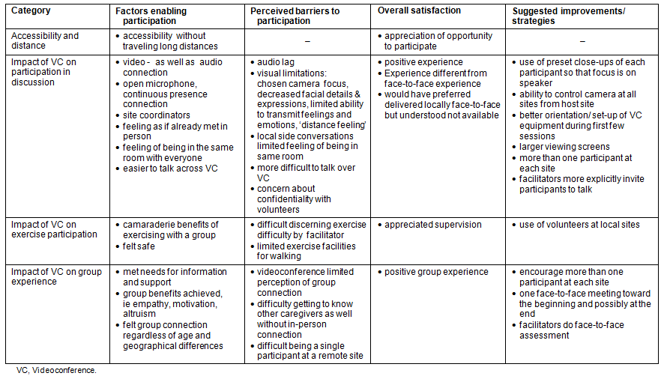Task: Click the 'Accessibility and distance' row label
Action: (x=46, y=40)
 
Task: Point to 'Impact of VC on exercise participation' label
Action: (x=55, y=229)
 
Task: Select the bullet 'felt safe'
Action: (x=140, y=246)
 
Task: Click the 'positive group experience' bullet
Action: (x=437, y=272)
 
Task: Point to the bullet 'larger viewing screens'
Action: (x=564, y=147)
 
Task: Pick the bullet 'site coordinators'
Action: (x=157, y=115)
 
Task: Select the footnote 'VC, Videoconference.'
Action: (x=56, y=369)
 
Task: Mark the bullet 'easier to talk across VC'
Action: (x=170, y=169)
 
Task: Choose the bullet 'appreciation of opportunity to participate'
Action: (x=438, y=40)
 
